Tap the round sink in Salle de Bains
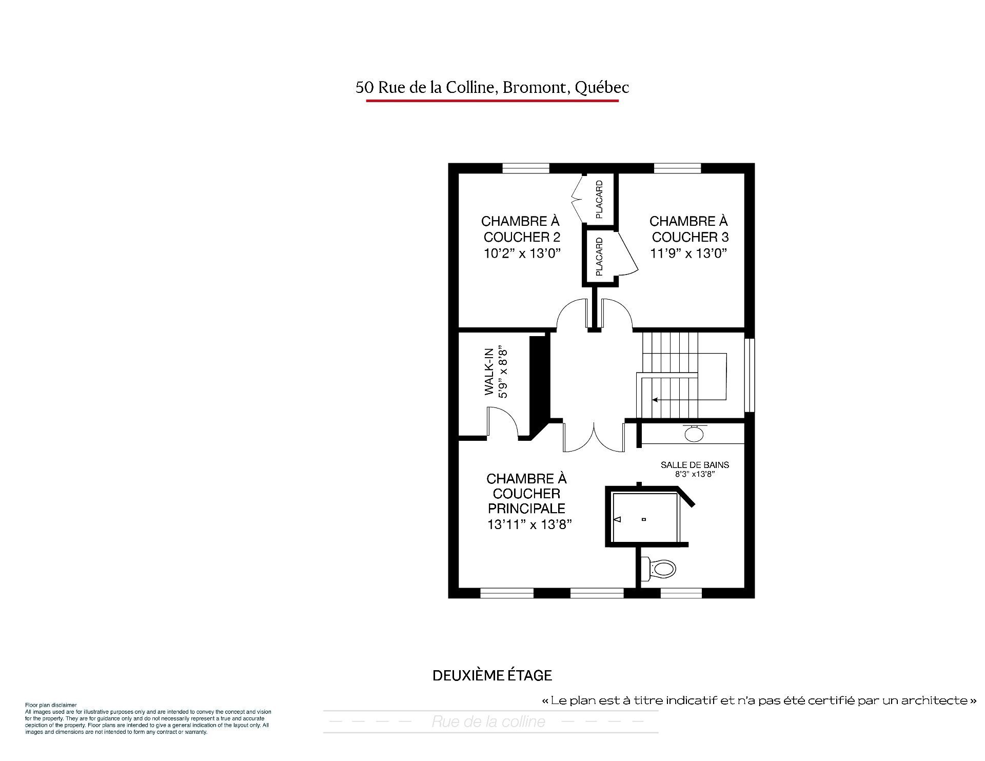tap(694, 434)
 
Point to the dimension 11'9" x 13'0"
tap(689, 253)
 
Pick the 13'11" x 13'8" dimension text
tap(529, 524)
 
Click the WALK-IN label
tap(489, 372)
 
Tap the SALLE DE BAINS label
tap(695, 465)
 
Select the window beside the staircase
tap(750, 375)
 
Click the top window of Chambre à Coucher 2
tap(526, 168)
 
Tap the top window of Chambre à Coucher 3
tap(677, 168)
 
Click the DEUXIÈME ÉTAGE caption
tap(493, 675)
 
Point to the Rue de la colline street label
tap(488, 722)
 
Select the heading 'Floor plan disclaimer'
tap(51, 706)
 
